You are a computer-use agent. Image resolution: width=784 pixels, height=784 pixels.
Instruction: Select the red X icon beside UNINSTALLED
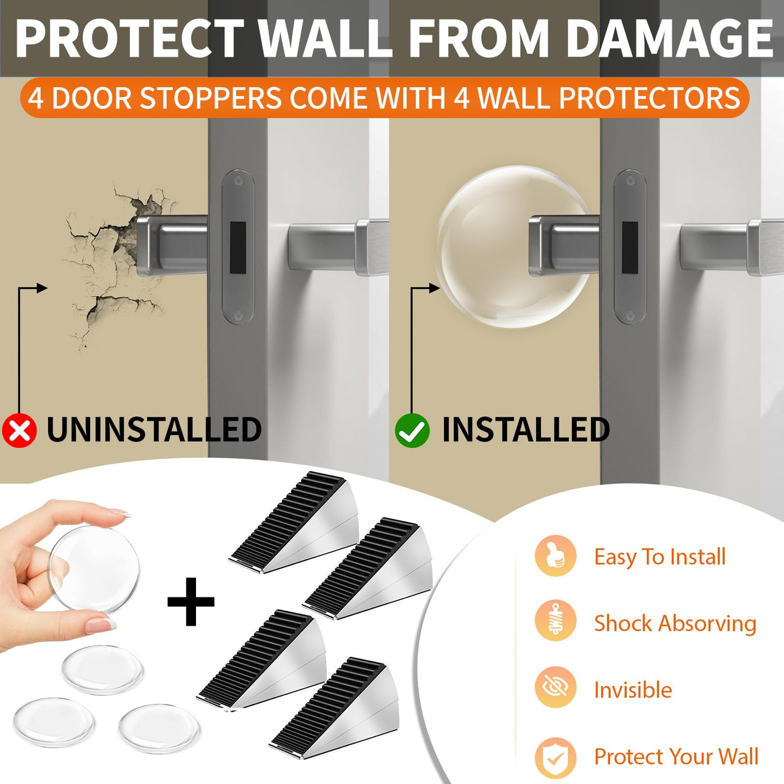coord(19,430)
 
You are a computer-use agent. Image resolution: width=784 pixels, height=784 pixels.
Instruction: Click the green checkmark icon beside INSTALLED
coord(412,430)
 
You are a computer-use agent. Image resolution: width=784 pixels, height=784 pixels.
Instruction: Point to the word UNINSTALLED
coord(154,430)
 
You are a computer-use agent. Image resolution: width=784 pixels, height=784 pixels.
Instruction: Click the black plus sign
coord(190,601)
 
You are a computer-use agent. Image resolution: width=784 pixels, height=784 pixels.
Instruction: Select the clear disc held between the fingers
coord(95,569)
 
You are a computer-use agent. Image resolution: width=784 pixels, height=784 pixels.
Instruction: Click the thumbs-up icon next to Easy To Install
coord(556,556)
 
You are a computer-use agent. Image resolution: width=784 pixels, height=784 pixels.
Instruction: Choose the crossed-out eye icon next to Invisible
coord(556,687)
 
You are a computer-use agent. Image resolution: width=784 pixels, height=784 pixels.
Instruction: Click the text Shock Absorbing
coord(675,624)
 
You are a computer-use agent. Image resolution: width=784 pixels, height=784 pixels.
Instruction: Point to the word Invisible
coord(633,690)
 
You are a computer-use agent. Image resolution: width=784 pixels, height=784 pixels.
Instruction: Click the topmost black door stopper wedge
coord(294,523)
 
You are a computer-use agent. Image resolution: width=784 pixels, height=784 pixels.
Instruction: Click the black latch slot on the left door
coord(238,248)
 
